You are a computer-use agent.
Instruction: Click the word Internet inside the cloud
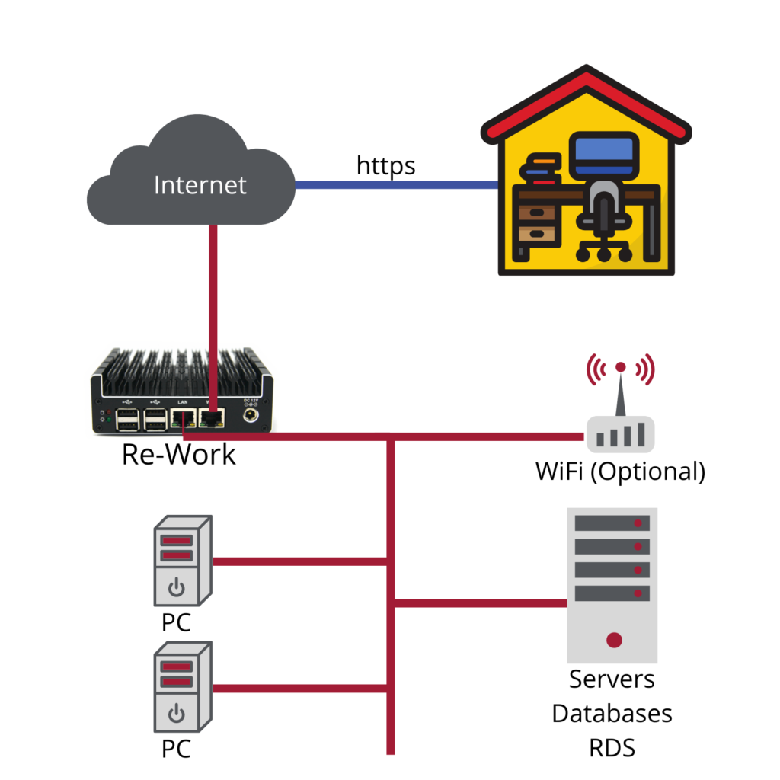pos(200,185)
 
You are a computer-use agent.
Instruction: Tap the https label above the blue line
pos(386,165)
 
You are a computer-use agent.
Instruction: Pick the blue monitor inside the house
pos(604,153)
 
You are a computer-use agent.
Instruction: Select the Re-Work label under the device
pos(179,455)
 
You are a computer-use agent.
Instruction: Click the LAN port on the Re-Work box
pos(183,417)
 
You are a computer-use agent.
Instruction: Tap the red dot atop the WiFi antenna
pos(621,367)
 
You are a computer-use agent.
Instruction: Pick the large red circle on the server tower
pos(614,640)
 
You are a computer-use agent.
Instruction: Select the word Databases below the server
pos(612,714)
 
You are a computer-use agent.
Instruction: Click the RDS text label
pos(612,748)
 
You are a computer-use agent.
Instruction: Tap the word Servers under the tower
pos(612,679)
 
